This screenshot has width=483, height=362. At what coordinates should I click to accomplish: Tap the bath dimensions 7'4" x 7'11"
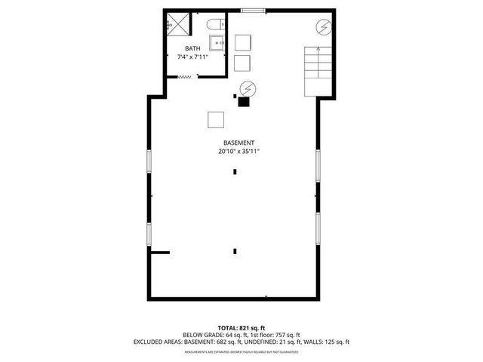point(192,57)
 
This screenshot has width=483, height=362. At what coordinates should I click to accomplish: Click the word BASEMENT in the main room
point(238,143)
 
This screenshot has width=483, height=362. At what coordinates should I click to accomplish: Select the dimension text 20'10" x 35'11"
point(238,151)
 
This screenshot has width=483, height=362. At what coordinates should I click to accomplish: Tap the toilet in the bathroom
point(214,25)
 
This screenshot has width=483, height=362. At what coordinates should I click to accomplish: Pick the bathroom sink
point(216,43)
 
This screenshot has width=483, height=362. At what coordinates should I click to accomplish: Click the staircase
point(318,71)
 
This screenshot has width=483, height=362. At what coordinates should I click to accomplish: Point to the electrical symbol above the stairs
point(322,28)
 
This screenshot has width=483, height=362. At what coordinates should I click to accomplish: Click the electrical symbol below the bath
point(247,88)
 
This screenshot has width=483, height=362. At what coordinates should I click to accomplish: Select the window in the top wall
point(254,11)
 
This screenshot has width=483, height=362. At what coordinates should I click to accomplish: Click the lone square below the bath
point(217,119)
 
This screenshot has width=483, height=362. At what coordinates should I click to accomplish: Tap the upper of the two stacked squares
point(242,42)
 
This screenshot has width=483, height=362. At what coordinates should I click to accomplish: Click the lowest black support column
point(235,250)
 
